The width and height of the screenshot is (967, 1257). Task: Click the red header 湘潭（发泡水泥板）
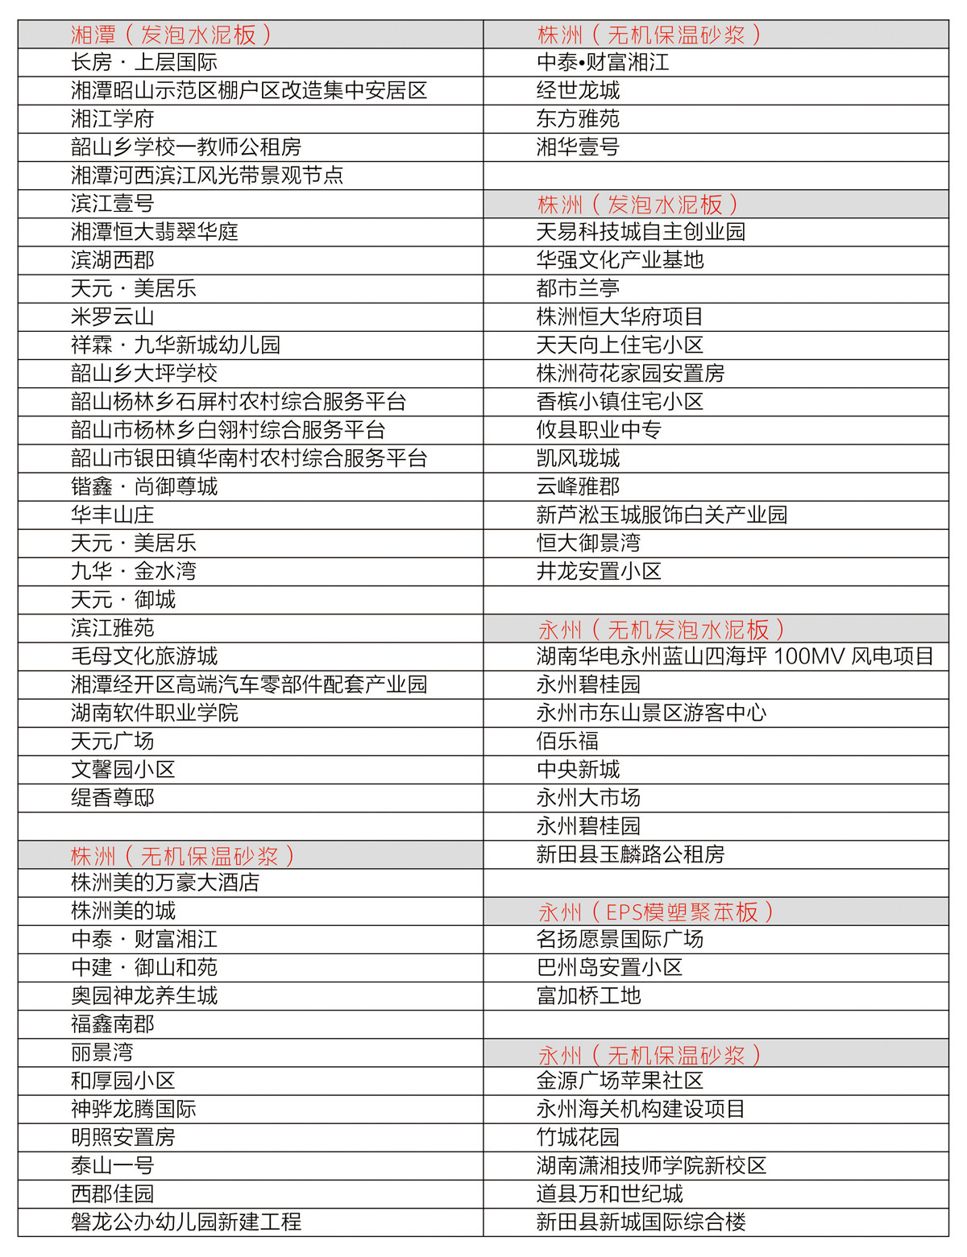(x=171, y=35)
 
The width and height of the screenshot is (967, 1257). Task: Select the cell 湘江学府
(x=113, y=119)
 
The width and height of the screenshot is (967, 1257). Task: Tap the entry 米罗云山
(x=113, y=317)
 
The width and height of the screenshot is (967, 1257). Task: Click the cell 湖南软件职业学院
(x=155, y=713)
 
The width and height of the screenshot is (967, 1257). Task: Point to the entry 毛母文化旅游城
(x=144, y=656)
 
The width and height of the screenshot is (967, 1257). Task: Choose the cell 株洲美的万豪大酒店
(x=165, y=883)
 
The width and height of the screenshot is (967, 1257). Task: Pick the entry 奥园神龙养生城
(x=144, y=996)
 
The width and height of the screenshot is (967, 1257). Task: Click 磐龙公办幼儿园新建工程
(x=186, y=1222)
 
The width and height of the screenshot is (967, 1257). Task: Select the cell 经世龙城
(x=579, y=91)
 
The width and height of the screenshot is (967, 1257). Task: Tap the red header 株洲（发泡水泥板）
(x=637, y=205)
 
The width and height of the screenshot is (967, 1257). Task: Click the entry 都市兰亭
(x=579, y=289)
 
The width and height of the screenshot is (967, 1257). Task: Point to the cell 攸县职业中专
(x=600, y=430)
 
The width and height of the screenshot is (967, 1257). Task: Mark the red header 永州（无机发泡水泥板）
(x=661, y=629)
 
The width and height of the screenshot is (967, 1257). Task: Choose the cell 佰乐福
(x=568, y=742)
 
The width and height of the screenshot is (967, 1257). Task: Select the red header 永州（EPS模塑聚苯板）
(x=655, y=912)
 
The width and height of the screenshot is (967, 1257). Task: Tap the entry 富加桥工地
(x=589, y=996)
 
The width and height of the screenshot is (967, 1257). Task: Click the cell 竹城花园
(x=579, y=1138)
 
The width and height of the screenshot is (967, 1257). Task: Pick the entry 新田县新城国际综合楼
(x=641, y=1222)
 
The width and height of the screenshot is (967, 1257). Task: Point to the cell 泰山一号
(x=113, y=1166)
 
